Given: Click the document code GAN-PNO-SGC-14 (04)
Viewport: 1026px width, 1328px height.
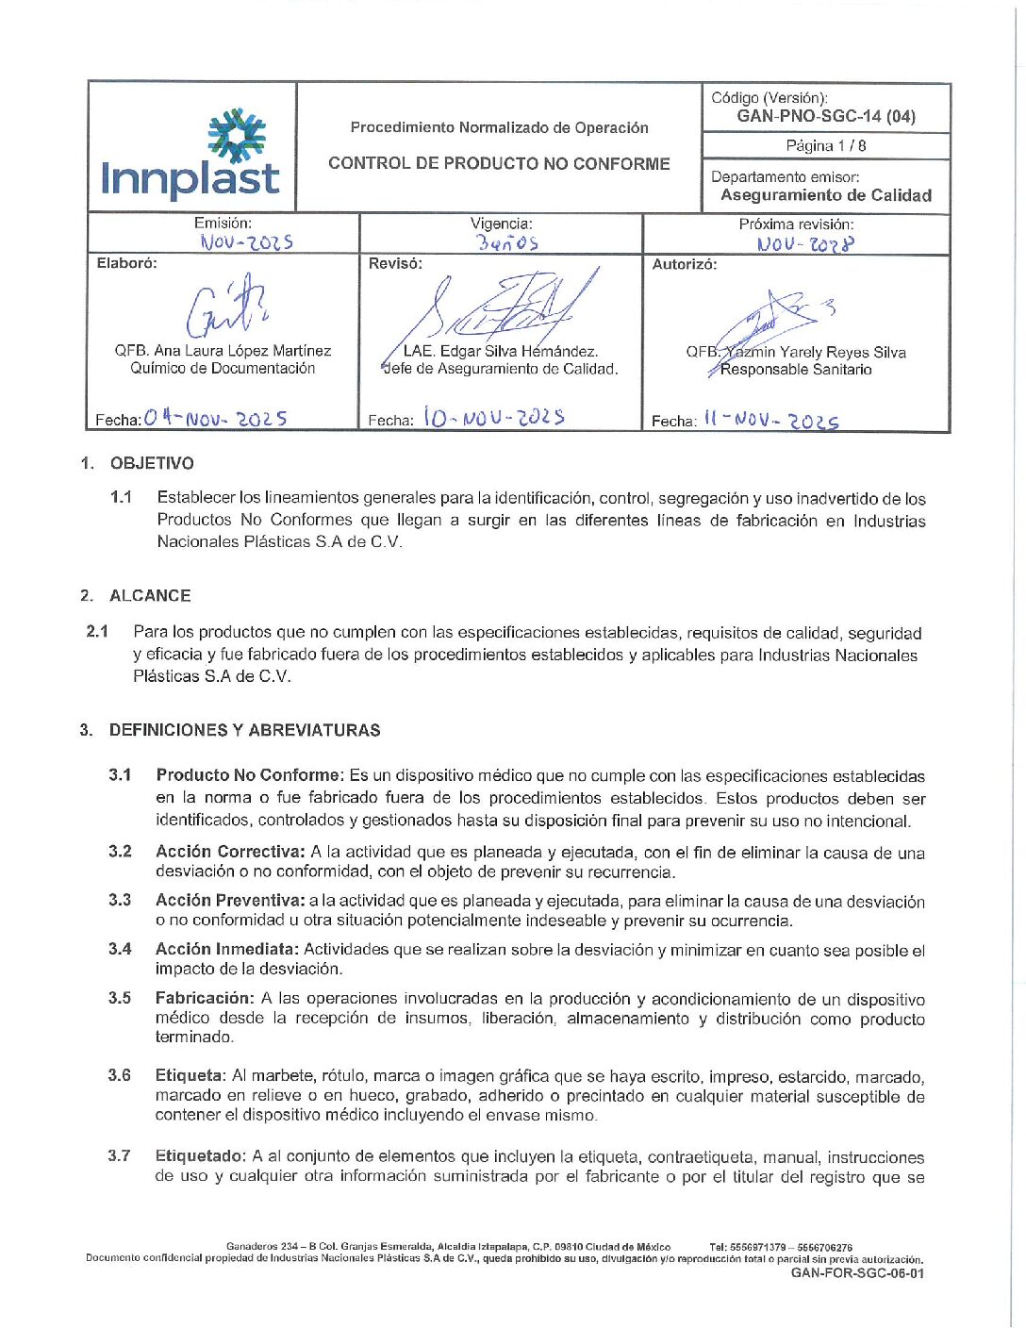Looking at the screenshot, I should point(826,117).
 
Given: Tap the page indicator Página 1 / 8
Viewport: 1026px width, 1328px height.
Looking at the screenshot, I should point(826,146).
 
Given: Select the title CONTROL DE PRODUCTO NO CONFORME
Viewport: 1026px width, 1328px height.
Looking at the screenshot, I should point(499,164).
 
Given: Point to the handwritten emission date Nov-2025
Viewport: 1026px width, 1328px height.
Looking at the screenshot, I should point(246,242).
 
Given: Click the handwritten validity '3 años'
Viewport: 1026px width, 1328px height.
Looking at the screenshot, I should point(507,243).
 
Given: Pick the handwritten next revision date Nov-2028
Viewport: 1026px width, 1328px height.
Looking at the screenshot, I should point(805,244).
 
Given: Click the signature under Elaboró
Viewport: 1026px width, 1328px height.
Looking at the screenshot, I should point(225,307).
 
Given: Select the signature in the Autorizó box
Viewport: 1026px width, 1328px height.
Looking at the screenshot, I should point(773,321).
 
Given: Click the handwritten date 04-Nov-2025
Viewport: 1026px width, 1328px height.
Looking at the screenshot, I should point(216,418).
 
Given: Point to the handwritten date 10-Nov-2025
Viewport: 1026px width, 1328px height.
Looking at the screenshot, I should point(493,417).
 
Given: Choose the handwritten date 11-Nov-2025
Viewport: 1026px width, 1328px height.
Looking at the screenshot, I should point(770,420).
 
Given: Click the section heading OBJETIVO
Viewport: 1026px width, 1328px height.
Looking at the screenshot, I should point(152,463).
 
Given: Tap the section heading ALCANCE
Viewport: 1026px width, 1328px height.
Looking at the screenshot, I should point(150,596).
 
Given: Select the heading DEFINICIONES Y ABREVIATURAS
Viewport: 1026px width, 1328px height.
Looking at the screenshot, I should point(244,730).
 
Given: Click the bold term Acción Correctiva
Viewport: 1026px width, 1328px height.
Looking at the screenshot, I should point(230,852).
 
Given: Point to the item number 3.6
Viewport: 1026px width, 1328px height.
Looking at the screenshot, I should point(119,1075).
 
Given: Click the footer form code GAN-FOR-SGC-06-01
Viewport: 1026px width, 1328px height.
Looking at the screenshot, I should point(857,1273).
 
